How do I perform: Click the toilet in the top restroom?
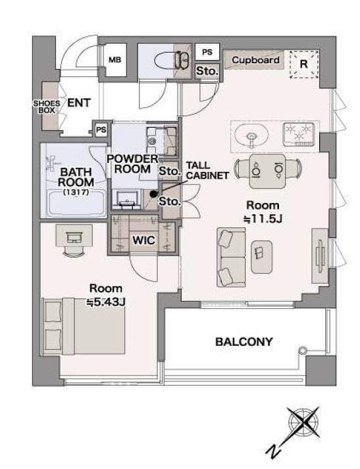pos(172,61)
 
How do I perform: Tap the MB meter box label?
pos(115,60)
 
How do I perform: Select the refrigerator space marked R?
pos(304,64)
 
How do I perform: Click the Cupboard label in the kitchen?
pos(256,60)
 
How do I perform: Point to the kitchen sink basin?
pos(251,136)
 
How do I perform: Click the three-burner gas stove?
pos(299,134)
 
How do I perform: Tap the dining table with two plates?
pos(267,171)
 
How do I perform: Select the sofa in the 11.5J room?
pos(231,258)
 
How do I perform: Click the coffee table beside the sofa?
pos(262,258)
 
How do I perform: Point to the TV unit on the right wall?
pos(320,256)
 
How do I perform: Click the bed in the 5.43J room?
pos(84,326)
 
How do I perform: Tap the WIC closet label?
pos(143,240)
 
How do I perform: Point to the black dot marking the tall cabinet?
pos(153,194)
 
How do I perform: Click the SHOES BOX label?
pos(47,107)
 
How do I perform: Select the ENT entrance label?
pos(79,103)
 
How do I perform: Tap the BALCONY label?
pos(244,342)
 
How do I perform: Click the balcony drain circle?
pos(303,350)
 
